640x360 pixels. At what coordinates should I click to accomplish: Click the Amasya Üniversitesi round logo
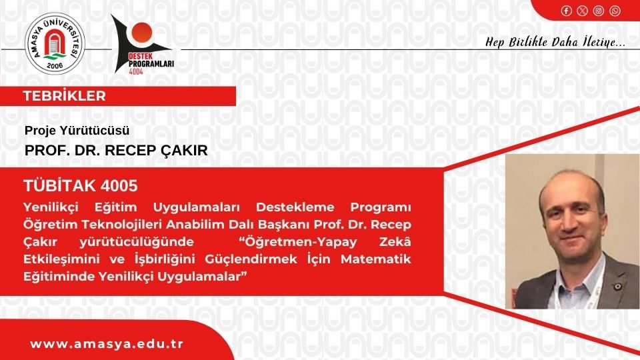(55, 44)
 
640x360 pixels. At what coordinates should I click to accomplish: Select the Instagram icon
(599, 11)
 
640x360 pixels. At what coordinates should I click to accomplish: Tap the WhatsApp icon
(615, 11)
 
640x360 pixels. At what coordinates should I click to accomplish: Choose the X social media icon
(583, 11)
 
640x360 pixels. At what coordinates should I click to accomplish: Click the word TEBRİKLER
(65, 96)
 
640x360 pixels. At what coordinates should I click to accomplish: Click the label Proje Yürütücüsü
(77, 131)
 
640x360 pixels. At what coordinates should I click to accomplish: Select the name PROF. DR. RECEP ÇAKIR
(116, 151)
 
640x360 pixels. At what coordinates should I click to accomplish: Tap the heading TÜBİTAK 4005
(80, 185)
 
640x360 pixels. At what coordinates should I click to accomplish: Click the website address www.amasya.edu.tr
(107, 344)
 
